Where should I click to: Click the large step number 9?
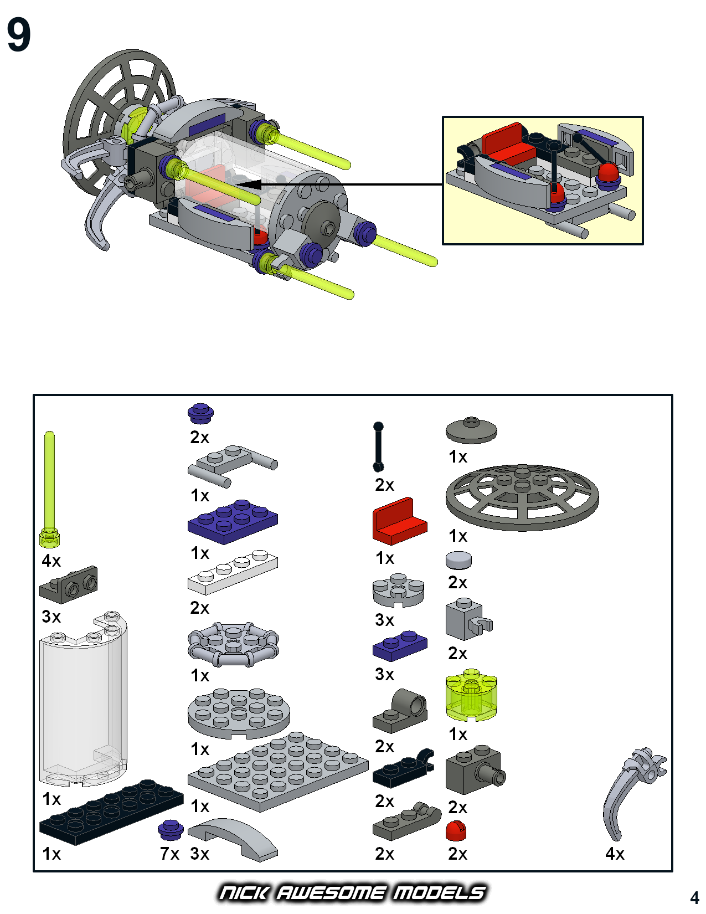(19, 35)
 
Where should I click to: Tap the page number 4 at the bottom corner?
(694, 897)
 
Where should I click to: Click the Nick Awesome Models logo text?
(352, 892)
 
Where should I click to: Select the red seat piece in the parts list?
(399, 522)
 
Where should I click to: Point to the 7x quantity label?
(170, 854)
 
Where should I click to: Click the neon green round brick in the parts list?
(471, 696)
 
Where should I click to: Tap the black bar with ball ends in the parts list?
(378, 447)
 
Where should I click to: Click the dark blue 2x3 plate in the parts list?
(233, 522)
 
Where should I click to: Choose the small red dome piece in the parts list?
(456, 831)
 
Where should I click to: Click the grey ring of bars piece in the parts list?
(233, 644)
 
